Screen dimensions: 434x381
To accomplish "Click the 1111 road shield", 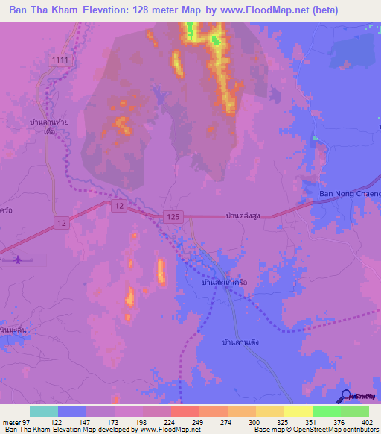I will click(61, 59).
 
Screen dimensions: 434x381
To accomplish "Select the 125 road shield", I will click(173, 216).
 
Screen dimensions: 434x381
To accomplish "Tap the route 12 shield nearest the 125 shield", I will click(118, 204).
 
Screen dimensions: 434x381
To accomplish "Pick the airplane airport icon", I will click(17, 260).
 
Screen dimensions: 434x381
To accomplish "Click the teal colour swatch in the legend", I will click(44, 411).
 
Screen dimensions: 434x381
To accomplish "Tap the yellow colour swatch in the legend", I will click(298, 411).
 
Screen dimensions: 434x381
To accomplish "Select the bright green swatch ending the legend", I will click(355, 411).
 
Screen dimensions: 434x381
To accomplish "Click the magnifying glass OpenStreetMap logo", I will click(345, 397).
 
